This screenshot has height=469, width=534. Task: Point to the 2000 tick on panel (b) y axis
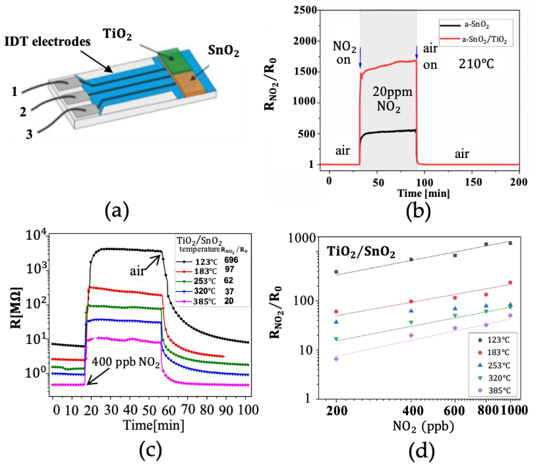pyautogui.click(x=305, y=41)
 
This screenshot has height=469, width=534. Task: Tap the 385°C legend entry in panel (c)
pyautogui.click(x=204, y=302)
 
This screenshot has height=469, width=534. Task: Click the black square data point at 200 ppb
pyautogui.click(x=336, y=272)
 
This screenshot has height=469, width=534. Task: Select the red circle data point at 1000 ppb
pyautogui.click(x=510, y=282)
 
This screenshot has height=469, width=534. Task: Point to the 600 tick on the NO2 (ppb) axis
pyautogui.click(x=455, y=410)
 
